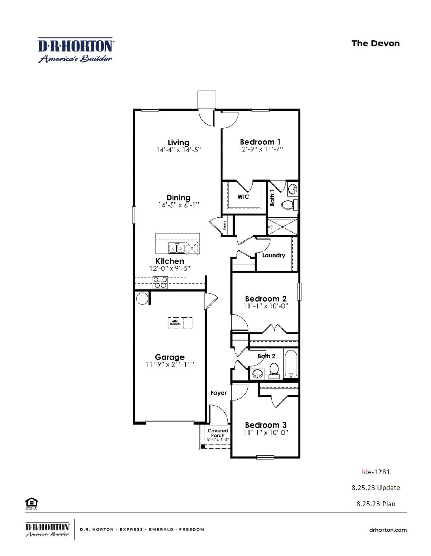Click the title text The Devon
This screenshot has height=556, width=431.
pyautogui.click(x=375, y=43)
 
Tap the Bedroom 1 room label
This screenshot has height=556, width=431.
pyautogui.click(x=260, y=142)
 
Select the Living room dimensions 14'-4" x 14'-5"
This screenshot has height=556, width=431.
pyautogui.click(x=178, y=150)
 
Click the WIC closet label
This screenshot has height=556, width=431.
pyautogui.click(x=243, y=197)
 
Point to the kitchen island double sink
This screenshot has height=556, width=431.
pyautogui.click(x=176, y=249)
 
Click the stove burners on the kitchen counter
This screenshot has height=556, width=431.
pyautogui.click(x=160, y=282)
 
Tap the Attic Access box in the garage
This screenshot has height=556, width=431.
pyautogui.click(x=175, y=322)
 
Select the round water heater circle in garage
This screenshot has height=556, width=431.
pyautogui.click(x=142, y=298)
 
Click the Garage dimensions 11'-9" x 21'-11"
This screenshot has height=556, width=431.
pyautogui.click(x=170, y=364)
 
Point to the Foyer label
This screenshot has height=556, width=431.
pyautogui.click(x=219, y=393)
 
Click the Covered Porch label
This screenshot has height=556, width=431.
pyautogui.click(x=218, y=433)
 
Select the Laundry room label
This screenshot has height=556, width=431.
pyautogui.click(x=273, y=255)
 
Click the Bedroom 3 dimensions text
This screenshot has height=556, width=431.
pyautogui.click(x=266, y=433)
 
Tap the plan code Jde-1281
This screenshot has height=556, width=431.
pyautogui.click(x=375, y=472)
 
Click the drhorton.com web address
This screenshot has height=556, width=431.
pyautogui.click(x=388, y=530)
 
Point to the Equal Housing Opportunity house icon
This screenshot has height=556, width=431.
pyautogui.click(x=31, y=503)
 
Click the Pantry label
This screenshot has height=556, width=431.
pyautogui.click(x=225, y=225)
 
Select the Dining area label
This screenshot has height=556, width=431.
pyautogui.click(x=178, y=198)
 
